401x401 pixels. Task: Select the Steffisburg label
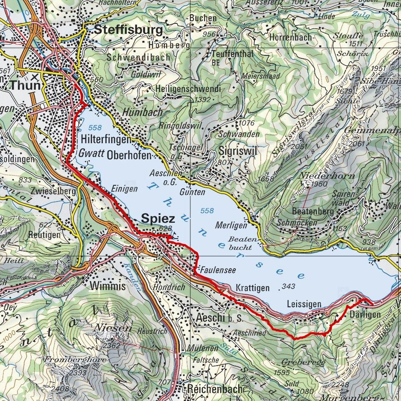click(128, 30)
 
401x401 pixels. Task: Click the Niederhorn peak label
click(326, 175)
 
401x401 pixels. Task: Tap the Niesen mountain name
click(114, 328)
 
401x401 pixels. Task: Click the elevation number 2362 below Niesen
click(112, 345)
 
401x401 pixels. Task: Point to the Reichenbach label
click(214, 389)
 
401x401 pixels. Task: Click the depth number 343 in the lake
click(288, 286)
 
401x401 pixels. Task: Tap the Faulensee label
click(218, 270)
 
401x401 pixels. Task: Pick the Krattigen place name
click(252, 288)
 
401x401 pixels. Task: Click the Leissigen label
click(304, 305)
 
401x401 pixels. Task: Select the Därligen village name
click(365, 314)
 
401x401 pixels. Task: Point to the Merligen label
click(231, 225)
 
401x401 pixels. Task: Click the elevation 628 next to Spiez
click(165, 228)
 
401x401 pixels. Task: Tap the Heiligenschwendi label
click(188, 89)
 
